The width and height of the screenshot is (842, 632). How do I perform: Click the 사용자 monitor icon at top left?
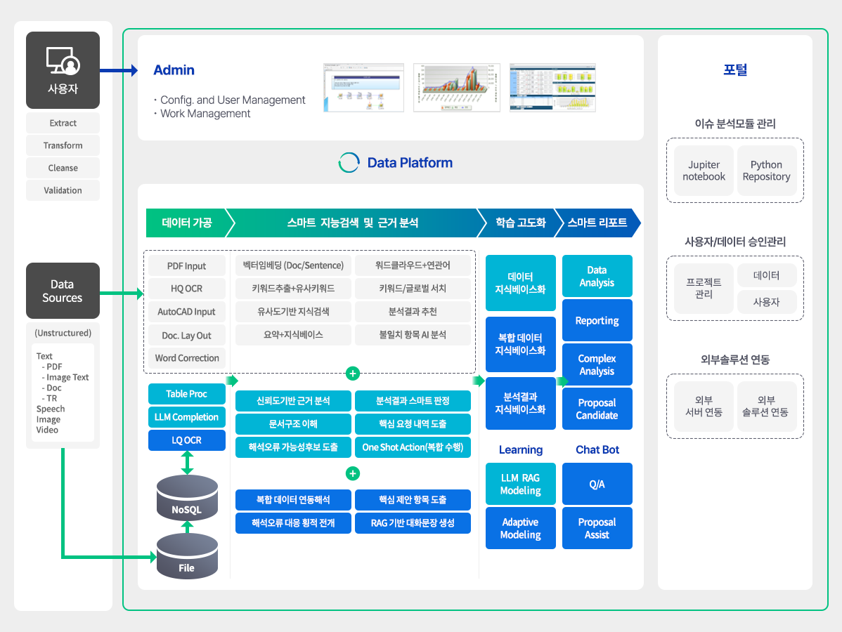[63, 61]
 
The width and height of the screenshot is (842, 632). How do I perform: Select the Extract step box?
[63, 123]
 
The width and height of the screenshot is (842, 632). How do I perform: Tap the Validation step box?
[63, 190]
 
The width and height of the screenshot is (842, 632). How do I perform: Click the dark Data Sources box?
[63, 291]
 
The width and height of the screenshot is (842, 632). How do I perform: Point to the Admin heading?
[174, 70]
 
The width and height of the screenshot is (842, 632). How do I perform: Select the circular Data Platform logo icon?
[349, 163]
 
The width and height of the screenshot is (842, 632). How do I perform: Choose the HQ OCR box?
[186, 289]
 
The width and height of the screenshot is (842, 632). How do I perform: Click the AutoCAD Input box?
[186, 312]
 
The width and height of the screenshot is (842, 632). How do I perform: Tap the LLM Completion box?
[186, 417]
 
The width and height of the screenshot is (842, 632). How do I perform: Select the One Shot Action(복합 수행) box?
[413, 447]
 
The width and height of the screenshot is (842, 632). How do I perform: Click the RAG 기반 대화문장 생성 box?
[413, 523]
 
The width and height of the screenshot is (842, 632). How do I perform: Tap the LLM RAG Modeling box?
[520, 484]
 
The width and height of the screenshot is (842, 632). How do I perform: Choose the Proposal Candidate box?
[597, 409]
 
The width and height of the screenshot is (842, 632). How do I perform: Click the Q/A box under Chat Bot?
[597, 484]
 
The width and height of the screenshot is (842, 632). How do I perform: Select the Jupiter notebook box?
[704, 171]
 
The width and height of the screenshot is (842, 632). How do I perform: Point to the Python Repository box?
[766, 171]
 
